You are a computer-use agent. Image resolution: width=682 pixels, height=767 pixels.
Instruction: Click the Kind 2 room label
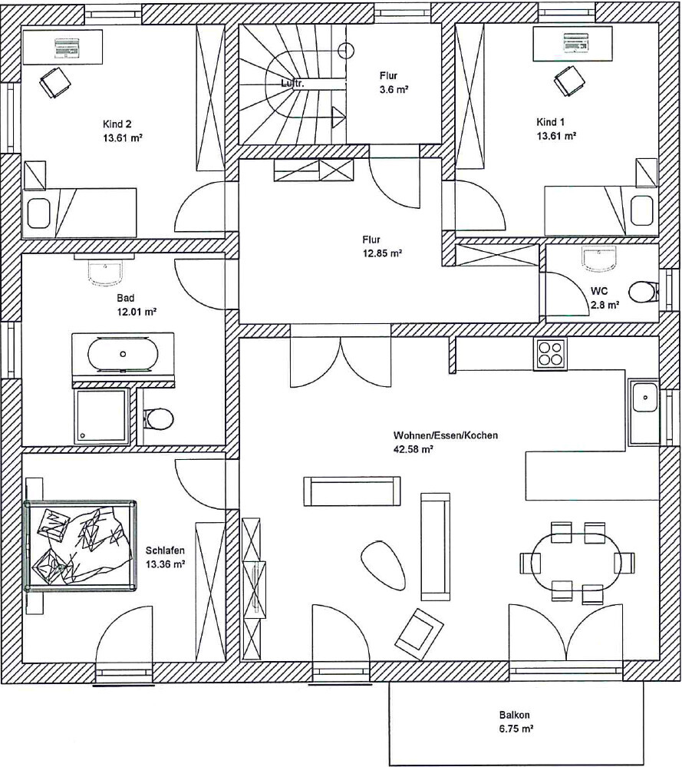[117, 124]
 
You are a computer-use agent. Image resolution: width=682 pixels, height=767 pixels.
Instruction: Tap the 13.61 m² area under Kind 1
[556, 136]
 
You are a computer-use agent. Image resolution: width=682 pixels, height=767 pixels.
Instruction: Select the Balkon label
[514, 714]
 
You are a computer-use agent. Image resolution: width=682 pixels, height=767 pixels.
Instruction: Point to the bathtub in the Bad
[124, 354]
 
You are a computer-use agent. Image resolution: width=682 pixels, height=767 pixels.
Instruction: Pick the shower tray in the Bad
[101, 416]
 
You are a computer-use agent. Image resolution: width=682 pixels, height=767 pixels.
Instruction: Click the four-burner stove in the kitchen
[550, 354]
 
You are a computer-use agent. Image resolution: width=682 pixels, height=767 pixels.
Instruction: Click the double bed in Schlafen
[81, 545]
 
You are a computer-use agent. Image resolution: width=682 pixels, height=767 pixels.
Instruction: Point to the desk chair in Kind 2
[54, 81]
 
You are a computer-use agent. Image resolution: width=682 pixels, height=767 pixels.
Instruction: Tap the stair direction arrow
[338, 117]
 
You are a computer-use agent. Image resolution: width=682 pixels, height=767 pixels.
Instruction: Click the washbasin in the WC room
[599, 259]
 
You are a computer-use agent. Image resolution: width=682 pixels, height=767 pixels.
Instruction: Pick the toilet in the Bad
[158, 419]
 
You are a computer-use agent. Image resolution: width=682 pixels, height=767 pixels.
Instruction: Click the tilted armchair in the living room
[420, 627]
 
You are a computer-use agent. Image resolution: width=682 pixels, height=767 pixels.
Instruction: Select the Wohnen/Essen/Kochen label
[446, 435]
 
